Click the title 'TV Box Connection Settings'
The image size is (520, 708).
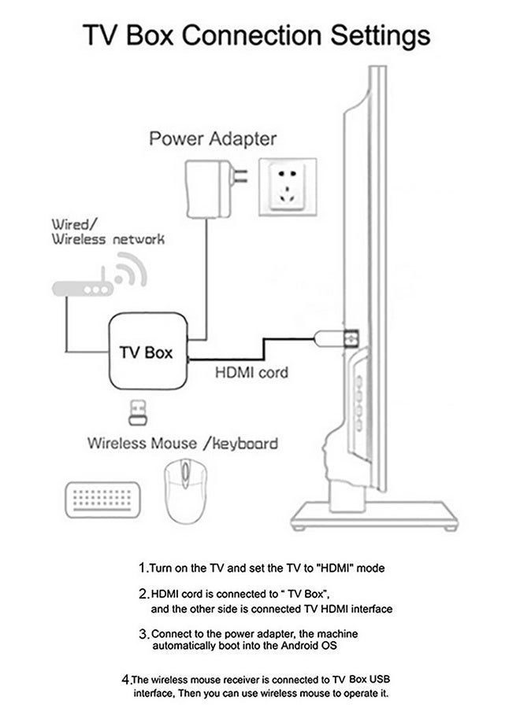click(x=258, y=36)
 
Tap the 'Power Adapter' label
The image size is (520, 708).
click(x=213, y=139)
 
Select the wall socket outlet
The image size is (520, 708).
click(x=289, y=192)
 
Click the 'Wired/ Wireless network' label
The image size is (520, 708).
click(x=108, y=231)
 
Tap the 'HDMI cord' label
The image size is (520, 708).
click(x=251, y=372)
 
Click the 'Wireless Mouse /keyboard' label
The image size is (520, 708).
click(x=182, y=443)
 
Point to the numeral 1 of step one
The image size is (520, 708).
click(x=142, y=567)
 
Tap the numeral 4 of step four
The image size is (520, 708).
click(x=125, y=678)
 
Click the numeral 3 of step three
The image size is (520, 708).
click(x=143, y=633)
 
